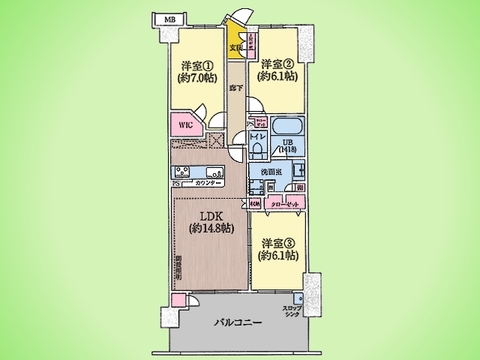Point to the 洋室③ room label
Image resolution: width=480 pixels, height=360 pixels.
pyautogui.click(x=276, y=242)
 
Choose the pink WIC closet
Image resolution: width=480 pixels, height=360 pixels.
pyautogui.click(x=185, y=127)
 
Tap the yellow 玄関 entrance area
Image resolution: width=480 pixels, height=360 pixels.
pyautogui.click(x=236, y=43)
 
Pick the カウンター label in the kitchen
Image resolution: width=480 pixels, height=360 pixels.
pyautogui.click(x=208, y=185)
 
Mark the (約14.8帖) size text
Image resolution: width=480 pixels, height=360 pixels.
pyautogui.click(x=207, y=229)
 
